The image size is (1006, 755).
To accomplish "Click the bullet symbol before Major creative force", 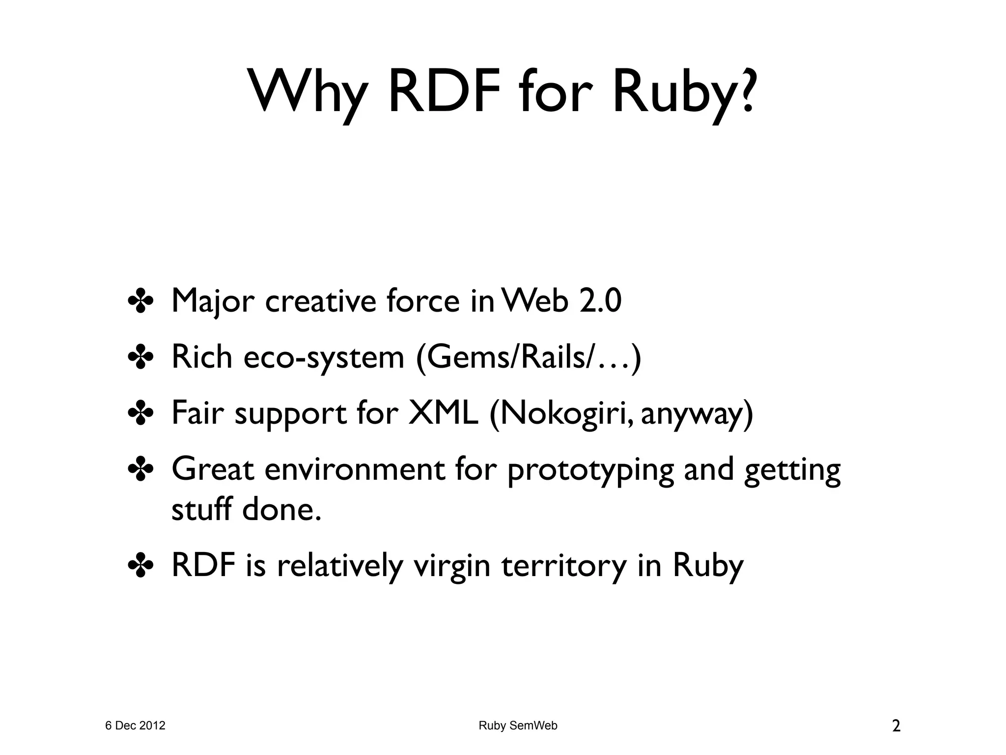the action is click(141, 301).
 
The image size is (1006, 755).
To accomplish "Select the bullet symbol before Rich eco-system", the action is click(141, 357).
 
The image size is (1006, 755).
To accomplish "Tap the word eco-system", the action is click(324, 357).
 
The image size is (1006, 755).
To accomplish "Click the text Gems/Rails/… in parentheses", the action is click(529, 357).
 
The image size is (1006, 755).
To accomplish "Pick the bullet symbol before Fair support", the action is click(141, 414).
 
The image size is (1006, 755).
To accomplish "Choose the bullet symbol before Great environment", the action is click(141, 470).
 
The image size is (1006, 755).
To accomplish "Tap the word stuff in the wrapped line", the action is click(201, 509).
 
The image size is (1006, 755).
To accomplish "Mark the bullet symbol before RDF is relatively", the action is click(141, 566).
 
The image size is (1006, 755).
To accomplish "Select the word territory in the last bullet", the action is click(564, 566).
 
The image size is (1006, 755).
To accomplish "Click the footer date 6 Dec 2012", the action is click(136, 726).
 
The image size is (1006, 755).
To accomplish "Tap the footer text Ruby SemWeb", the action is click(518, 726).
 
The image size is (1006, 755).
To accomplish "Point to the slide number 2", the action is click(896, 726).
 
